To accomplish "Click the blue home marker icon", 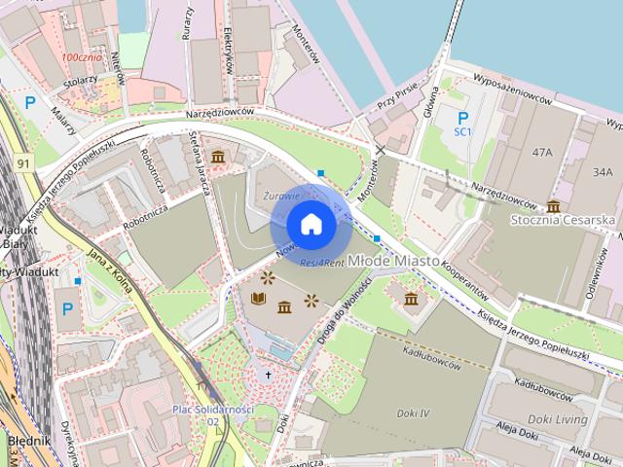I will coord(311,225).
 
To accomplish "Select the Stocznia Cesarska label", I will coord(564,221).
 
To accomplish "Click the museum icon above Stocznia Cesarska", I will coord(554,205).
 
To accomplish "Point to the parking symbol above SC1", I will coord(462,117).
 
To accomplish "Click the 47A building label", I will coord(542,153).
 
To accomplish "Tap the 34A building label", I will coord(603,172).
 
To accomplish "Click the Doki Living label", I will coord(558,419).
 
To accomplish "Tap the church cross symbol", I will coord(269,375).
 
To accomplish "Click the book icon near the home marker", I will coord(258,299).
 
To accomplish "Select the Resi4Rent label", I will coord(322,264).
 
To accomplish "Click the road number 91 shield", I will coord(23,163).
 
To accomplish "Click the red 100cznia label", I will coord(82,58).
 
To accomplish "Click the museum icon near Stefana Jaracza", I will coord(217,157).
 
